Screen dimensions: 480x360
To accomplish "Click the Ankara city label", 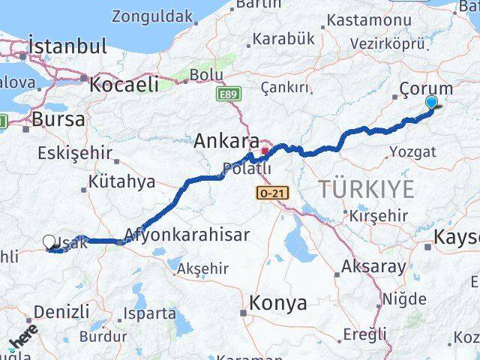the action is (226, 140).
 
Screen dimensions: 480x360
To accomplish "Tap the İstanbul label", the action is (67, 46).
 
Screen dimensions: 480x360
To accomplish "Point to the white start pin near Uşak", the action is (49, 241).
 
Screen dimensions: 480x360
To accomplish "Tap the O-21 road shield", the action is (270, 193).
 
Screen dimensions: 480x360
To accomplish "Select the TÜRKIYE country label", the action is (366, 189).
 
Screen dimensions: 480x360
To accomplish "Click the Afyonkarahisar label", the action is (187, 234).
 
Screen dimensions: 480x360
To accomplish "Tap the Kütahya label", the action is (121, 181).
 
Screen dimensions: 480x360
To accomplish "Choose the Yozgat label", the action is (412, 152).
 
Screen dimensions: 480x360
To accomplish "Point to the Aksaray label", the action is (373, 265).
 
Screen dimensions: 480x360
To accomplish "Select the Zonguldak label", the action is (152, 16).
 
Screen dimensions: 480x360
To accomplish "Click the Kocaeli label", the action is (123, 85).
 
